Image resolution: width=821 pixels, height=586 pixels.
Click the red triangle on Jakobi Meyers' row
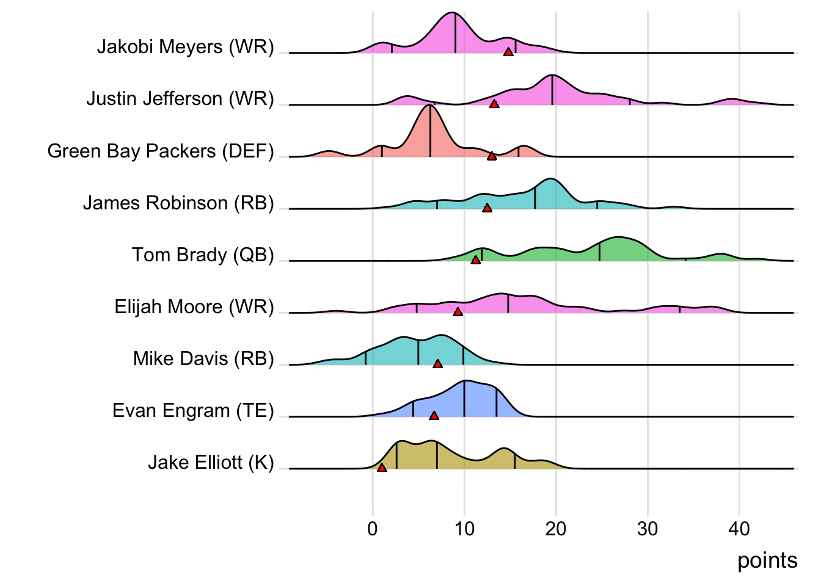pos(508,52)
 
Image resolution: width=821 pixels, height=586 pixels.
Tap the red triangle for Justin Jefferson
pos(494,104)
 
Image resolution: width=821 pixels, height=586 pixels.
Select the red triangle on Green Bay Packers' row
pos(492,156)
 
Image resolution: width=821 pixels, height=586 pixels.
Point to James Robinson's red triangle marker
pos(487,208)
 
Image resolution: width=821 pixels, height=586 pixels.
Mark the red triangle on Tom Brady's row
pos(476,260)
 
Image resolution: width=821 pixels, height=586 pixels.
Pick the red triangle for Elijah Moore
pos(458,312)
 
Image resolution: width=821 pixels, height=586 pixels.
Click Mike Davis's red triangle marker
pos(437,364)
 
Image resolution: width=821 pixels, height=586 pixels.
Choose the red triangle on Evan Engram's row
pos(434,416)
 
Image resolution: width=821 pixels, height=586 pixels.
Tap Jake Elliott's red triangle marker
pos(382,468)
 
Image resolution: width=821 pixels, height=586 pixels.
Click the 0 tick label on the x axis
pos(373,529)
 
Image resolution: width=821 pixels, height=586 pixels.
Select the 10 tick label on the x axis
pos(464,529)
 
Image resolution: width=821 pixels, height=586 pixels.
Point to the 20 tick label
pos(556,529)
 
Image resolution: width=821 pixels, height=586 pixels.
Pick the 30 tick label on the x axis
pos(648,529)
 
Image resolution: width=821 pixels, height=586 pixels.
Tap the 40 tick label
pos(739,529)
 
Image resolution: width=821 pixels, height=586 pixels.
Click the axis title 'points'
pos(767,560)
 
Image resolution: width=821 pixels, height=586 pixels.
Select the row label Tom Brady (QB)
pos(203,255)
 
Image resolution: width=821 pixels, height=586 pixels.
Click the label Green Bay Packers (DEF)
pos(161,151)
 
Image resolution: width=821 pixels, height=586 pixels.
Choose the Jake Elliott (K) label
pos(211,462)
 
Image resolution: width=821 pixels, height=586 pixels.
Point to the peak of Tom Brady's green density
pos(618,237)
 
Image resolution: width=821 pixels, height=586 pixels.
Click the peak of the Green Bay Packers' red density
pos(430,106)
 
